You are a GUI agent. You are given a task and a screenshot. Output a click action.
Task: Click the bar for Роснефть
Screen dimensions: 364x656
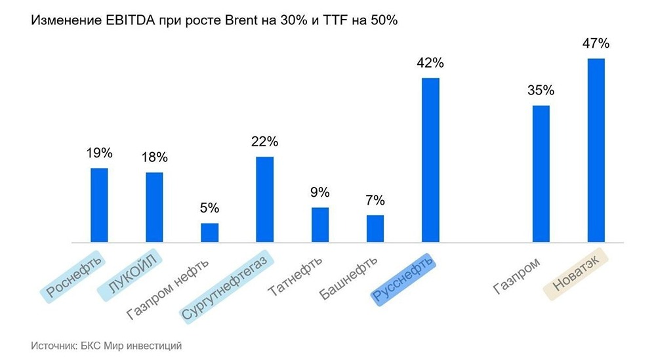99,205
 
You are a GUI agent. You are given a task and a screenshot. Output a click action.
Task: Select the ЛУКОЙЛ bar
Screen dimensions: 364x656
154,207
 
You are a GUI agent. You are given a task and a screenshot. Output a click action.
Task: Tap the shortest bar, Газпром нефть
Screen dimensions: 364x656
209,232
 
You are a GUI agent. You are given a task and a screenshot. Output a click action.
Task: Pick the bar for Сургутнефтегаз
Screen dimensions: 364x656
264,199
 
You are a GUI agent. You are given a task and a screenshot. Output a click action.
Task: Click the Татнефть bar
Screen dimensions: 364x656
319,224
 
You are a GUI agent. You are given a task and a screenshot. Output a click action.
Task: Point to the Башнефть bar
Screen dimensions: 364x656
375,228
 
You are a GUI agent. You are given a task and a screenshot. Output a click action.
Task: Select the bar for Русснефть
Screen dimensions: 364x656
430,160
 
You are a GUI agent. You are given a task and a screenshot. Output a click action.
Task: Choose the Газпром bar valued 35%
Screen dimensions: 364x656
541,174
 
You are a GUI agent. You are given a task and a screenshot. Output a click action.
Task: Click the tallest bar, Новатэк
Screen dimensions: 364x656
596,150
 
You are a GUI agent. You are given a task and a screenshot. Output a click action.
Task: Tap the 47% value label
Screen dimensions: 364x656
596,44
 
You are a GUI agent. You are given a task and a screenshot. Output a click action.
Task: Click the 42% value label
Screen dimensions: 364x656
430,64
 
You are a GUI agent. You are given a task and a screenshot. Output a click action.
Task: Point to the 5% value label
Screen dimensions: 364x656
209,209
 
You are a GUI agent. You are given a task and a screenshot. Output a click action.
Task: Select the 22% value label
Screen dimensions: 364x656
264,142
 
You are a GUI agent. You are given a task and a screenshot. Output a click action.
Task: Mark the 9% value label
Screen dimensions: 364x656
319,193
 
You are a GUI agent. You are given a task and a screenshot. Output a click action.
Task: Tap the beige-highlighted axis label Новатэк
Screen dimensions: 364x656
577,277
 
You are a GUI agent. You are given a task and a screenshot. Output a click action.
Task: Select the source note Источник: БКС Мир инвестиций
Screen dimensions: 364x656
106,344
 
